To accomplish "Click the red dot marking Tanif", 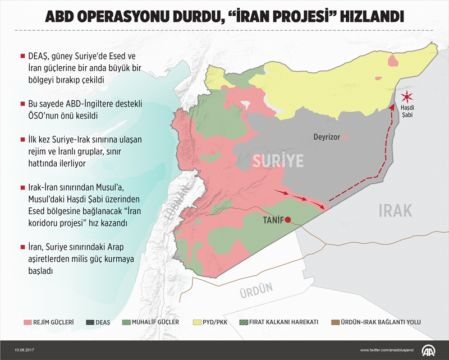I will tap(287, 220).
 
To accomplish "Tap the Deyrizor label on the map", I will tap(326, 137).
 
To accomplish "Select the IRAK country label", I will tap(395, 211).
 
